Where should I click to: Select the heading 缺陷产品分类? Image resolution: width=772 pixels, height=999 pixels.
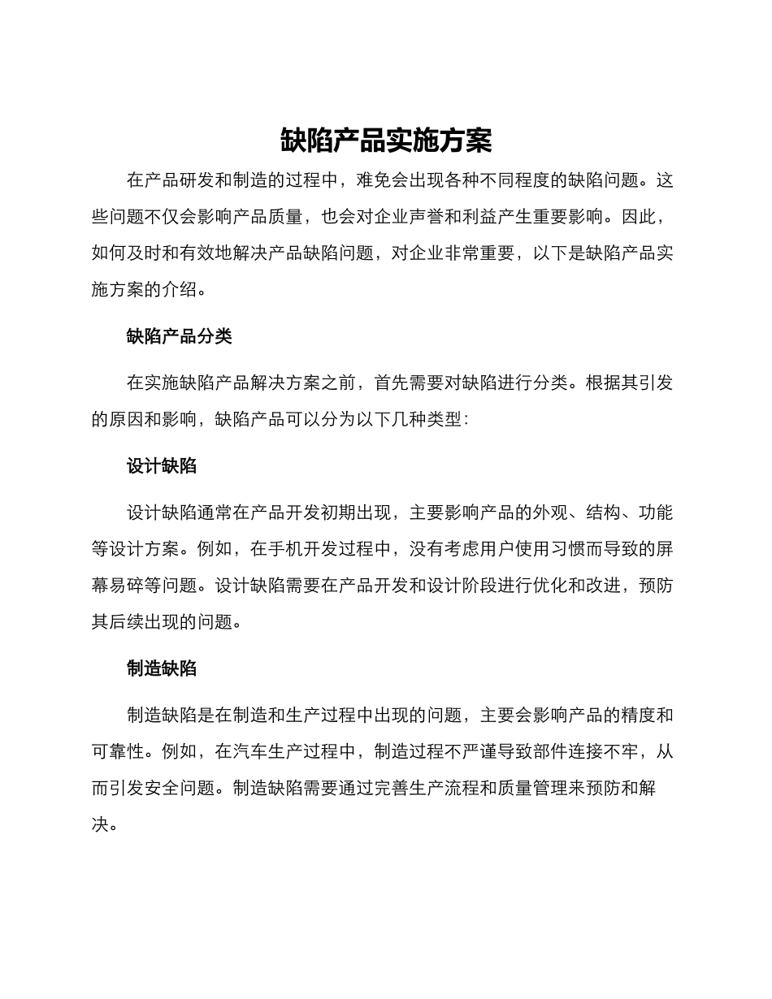coord(179,336)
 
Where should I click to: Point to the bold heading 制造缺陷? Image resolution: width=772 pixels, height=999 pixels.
coord(161,668)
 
